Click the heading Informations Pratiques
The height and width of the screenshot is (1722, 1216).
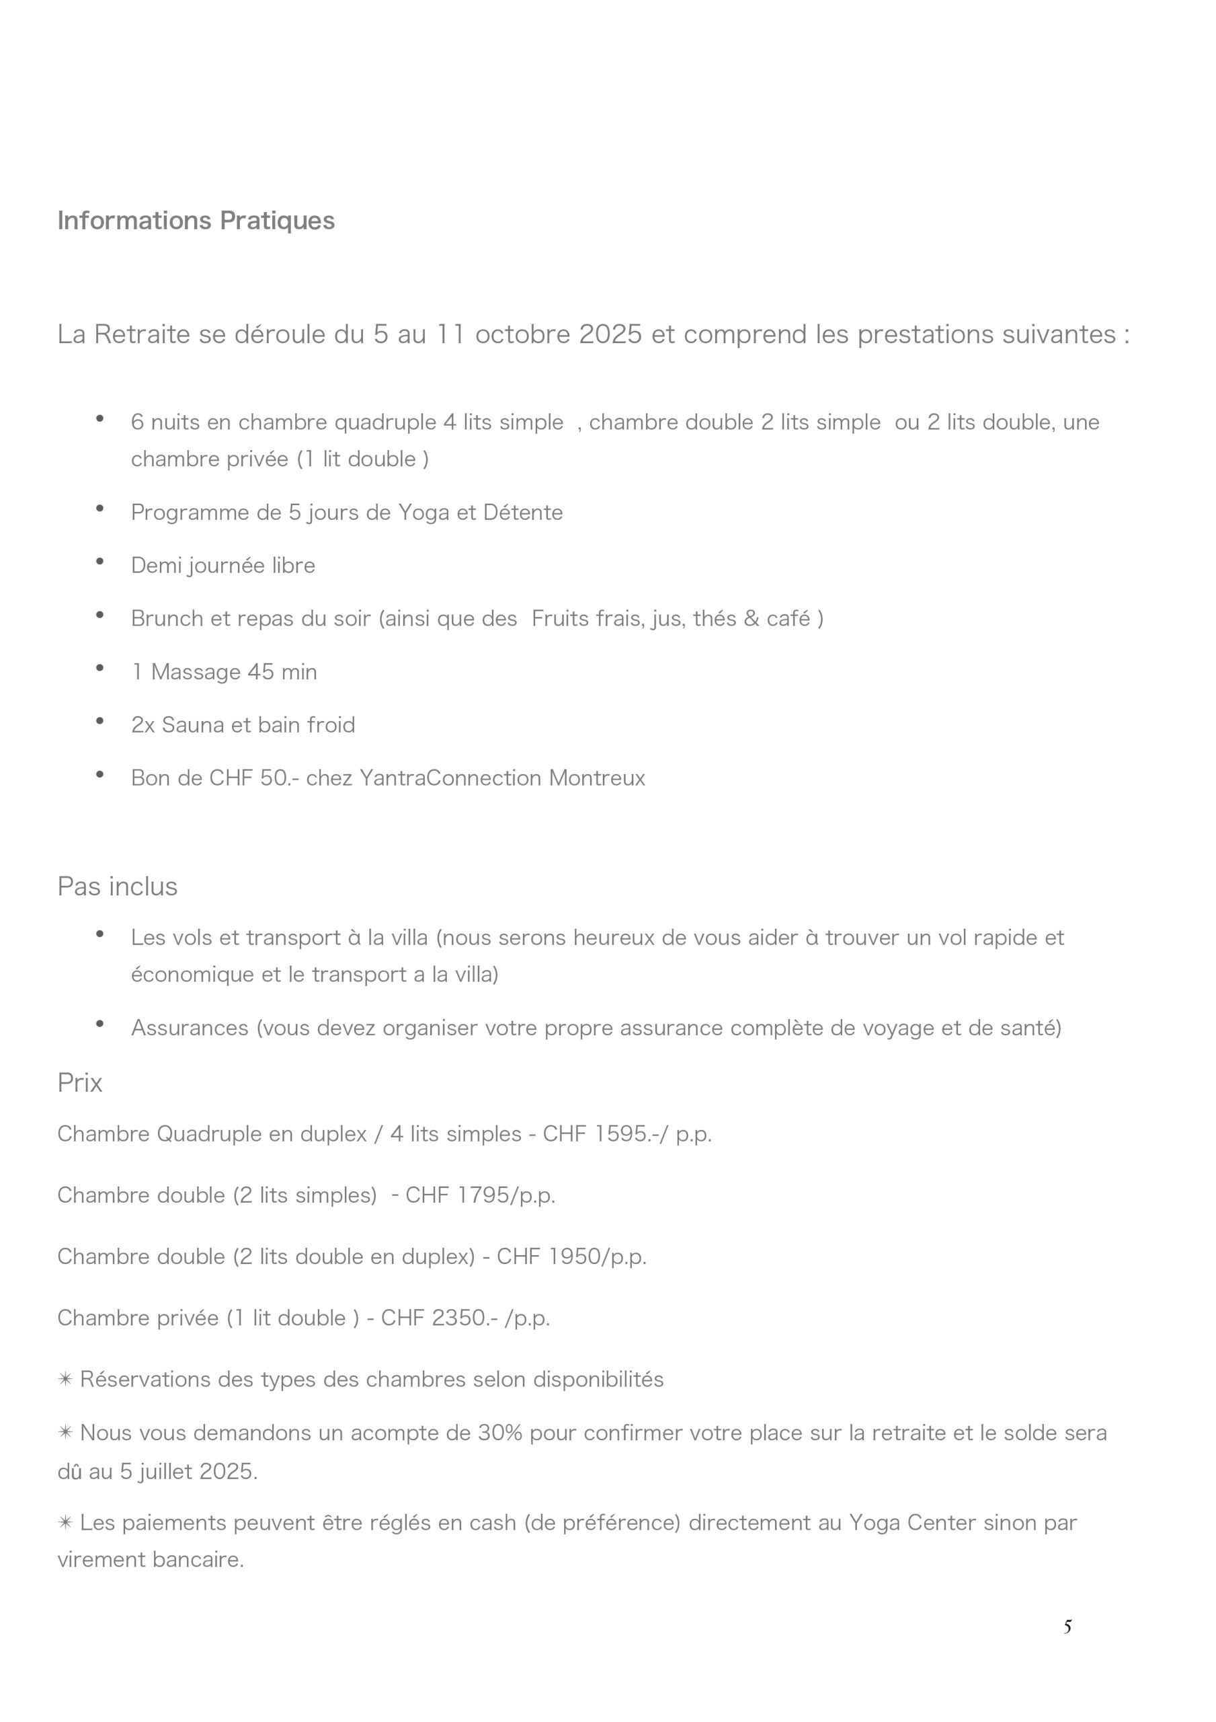tap(196, 221)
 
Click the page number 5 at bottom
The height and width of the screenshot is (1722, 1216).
tap(1067, 1626)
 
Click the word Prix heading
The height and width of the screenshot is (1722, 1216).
tap(79, 1082)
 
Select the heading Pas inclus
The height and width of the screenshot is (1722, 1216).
tap(117, 886)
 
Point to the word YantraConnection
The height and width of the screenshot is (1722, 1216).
tap(450, 778)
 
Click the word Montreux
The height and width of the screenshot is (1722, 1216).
tap(597, 778)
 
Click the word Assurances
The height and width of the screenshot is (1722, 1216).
tap(189, 1028)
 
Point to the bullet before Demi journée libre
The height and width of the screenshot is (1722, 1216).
tap(99, 562)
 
